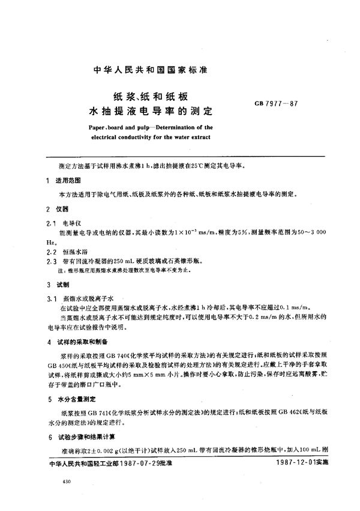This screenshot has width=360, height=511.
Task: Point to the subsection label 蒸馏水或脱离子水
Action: click(x=88, y=297)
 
